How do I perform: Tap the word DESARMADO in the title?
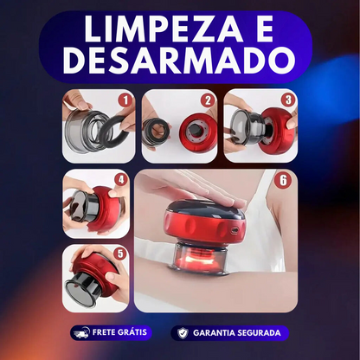(x=179, y=62)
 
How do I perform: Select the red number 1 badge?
(x=125, y=100)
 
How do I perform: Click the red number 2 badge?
(x=208, y=100)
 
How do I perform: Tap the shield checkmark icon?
(x=182, y=332)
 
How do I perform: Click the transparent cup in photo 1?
(x=87, y=130)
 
